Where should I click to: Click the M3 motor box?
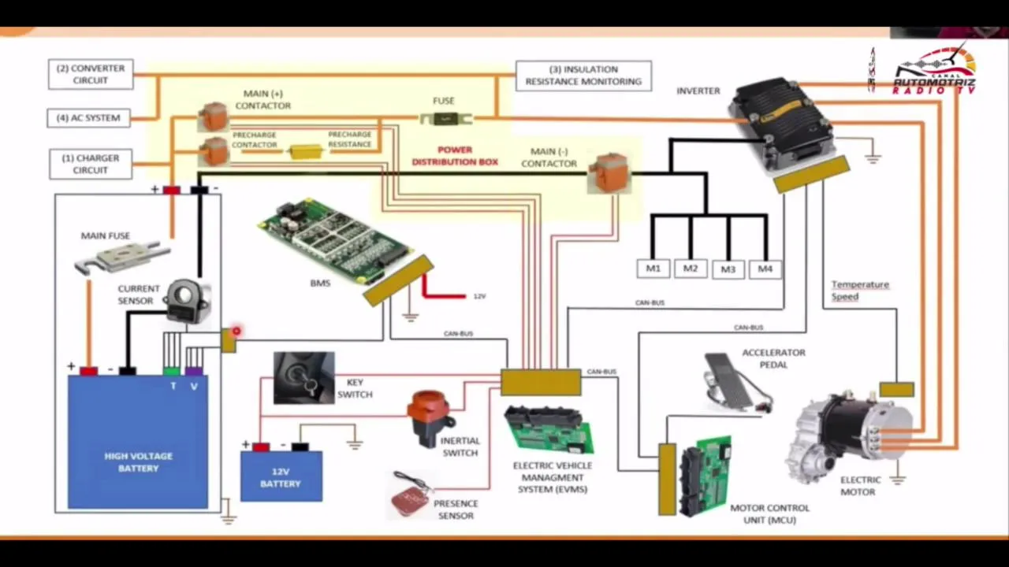click(728, 269)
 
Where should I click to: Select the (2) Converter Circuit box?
click(91, 74)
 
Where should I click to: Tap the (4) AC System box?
click(89, 118)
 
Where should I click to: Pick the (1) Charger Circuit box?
click(91, 164)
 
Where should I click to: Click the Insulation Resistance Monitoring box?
click(583, 76)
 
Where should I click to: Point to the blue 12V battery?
click(281, 476)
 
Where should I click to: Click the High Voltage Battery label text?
click(138, 462)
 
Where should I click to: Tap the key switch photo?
click(303, 378)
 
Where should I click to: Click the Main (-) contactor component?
click(610, 172)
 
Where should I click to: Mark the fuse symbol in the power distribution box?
click(445, 119)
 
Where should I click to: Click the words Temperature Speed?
click(859, 291)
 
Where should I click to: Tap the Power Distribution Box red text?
click(455, 156)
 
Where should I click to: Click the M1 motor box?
click(653, 269)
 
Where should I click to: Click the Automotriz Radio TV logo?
click(934, 71)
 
